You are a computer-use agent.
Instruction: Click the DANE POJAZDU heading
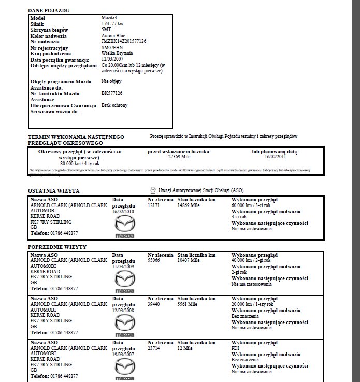[50, 10]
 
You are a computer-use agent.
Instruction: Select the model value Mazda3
[109, 18]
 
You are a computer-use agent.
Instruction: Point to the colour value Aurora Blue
[113, 36]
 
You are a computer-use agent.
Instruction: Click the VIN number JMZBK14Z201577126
[124, 41]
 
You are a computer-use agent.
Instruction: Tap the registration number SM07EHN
[112, 48]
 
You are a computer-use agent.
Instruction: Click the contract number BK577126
[112, 93]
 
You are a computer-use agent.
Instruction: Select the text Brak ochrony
[114, 105]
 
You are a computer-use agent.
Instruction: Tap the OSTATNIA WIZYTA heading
[51, 190]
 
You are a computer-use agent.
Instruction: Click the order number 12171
[154, 205]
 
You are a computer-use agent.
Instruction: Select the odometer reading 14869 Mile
[189, 205]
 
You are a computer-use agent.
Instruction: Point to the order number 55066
[154, 261]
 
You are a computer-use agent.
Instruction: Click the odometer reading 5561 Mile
[188, 304]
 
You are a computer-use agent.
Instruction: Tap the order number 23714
[154, 348]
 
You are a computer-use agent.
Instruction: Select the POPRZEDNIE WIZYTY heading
[57, 247]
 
